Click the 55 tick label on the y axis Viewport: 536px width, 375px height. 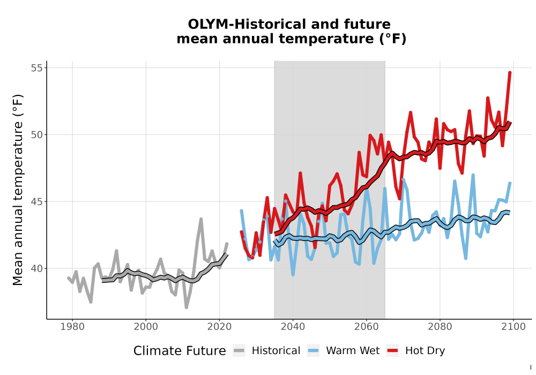click(37, 67)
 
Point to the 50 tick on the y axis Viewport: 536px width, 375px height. click(37, 134)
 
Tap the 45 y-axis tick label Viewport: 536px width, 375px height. click(37, 201)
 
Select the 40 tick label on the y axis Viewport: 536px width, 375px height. click(37, 268)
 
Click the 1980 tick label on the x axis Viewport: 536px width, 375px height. click(72, 327)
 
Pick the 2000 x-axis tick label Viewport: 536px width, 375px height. click(146, 327)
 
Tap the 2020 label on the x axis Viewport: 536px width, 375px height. click(219, 327)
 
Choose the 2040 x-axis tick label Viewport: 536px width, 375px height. click(293, 327)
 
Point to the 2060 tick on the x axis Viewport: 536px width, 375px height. click(367, 327)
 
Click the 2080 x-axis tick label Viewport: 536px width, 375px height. click(440, 327)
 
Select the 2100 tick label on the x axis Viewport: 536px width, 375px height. click(513, 327)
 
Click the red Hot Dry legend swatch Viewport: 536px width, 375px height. click(393, 351)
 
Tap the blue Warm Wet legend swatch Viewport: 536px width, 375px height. click(313, 351)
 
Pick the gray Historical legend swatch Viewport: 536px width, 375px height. click(239, 351)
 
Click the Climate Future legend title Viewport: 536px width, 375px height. click(180, 351)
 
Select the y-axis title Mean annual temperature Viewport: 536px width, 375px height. click(18, 190)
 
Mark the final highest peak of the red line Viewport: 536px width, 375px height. click(510, 72)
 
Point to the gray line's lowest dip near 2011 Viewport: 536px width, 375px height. click(187, 307)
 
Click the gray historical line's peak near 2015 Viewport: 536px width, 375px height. click(201, 219)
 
